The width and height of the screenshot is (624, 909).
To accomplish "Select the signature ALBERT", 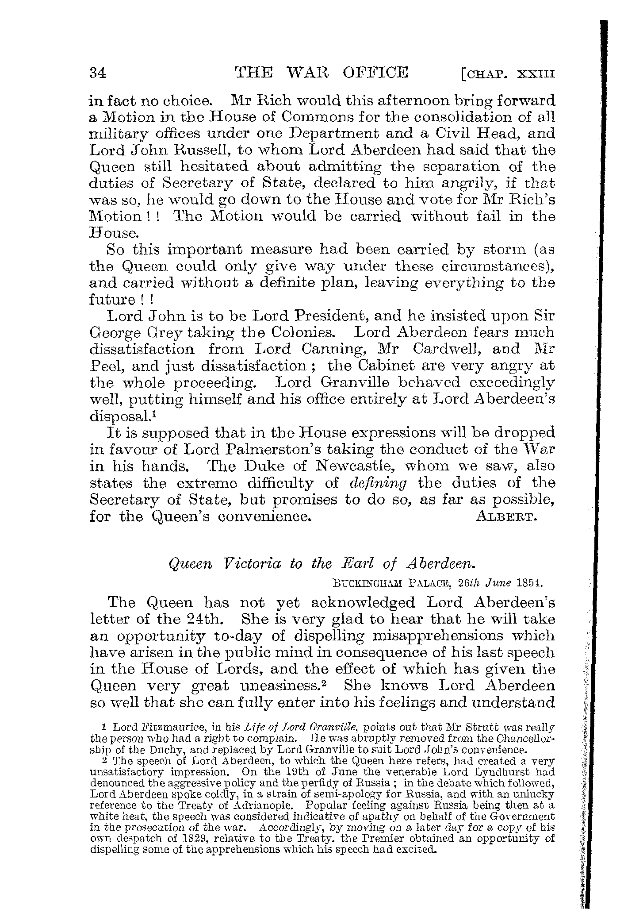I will [506, 517].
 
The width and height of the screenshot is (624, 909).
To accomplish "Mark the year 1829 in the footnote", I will [172, 838].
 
